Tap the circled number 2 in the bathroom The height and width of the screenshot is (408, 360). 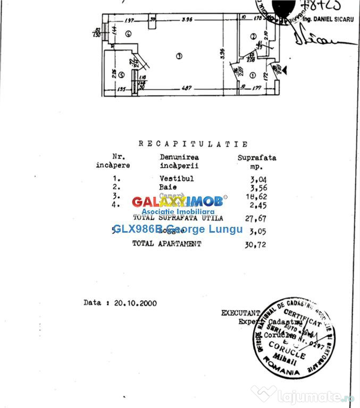point(253,36)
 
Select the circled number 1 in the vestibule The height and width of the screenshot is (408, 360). point(253,75)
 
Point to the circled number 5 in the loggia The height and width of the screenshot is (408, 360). point(122,75)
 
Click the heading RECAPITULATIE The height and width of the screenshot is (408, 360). point(193,144)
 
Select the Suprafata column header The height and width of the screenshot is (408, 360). point(257,157)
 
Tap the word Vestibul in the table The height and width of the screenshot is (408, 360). point(177,178)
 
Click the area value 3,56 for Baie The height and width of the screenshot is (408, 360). point(257,187)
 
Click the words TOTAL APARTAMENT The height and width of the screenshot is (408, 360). point(167,243)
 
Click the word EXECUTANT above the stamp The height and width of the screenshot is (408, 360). point(240,313)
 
